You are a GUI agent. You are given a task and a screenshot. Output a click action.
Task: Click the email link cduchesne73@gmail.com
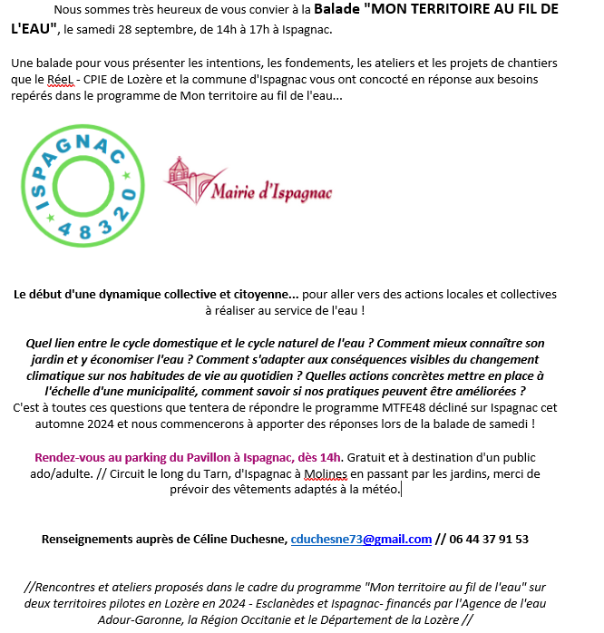click(x=361, y=539)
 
